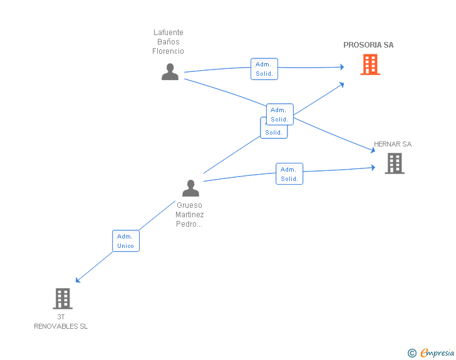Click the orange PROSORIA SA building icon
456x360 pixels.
(370, 64)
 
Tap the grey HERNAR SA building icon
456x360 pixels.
(394, 163)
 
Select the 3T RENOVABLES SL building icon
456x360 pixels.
(63, 299)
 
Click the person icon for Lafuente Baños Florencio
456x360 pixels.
(170, 72)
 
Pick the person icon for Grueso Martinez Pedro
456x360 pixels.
(190, 188)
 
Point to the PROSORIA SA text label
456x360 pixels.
(368, 45)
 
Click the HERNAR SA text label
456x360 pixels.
(393, 144)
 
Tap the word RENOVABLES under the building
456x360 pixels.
(61, 326)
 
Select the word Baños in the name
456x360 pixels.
(168, 42)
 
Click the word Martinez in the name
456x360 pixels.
(190, 215)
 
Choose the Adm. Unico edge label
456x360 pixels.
(125, 241)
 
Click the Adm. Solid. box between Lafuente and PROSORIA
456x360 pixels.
(264, 69)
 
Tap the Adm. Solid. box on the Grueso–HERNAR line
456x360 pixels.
(289, 174)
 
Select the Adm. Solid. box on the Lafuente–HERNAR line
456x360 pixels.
(279, 115)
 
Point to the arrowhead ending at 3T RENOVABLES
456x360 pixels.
(77, 280)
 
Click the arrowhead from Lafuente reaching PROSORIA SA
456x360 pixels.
(341, 66)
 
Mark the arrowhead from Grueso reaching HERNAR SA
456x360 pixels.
(373, 168)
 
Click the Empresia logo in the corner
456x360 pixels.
(437, 352)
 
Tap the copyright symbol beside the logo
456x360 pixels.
(412, 353)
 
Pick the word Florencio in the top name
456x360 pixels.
(168, 51)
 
